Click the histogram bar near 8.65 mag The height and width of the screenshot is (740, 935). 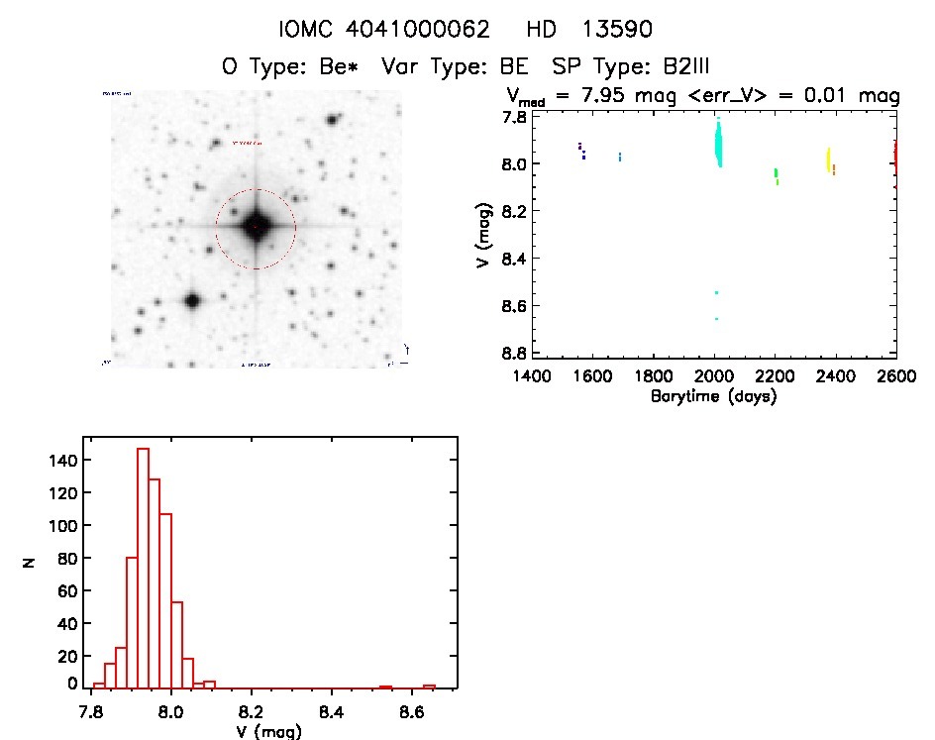point(429,687)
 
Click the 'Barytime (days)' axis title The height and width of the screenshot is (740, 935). point(713,396)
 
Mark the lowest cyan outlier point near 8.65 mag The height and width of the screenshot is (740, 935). point(716,319)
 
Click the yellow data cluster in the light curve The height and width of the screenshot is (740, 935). point(828,160)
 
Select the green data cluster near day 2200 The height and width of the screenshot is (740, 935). point(776,173)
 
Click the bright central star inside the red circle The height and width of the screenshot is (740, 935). point(256,226)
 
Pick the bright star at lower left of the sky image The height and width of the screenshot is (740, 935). point(192,299)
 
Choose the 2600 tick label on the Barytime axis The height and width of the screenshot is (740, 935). point(896,376)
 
